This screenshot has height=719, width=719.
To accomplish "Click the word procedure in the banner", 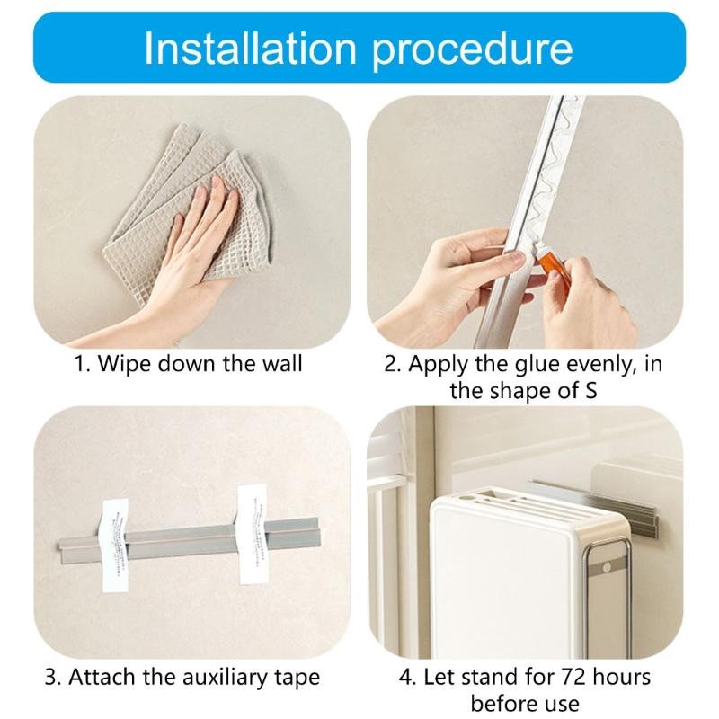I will point(470,50).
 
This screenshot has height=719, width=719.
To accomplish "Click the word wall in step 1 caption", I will point(281,364).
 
